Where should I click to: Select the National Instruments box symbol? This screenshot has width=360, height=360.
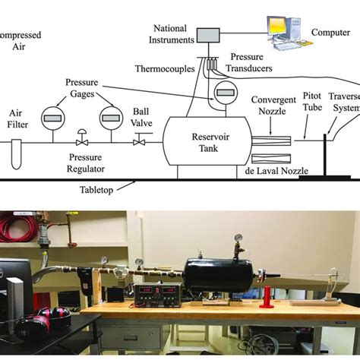[x=207, y=34]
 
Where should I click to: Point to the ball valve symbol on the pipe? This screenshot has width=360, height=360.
[x=141, y=141]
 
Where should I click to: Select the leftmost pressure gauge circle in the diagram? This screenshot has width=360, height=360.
[x=52, y=118]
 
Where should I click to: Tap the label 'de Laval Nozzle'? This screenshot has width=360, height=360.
[x=276, y=172]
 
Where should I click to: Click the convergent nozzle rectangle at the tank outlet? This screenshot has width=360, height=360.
[x=270, y=141]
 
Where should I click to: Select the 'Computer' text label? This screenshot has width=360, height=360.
[x=330, y=33]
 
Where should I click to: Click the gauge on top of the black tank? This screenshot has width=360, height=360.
[x=238, y=241]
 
